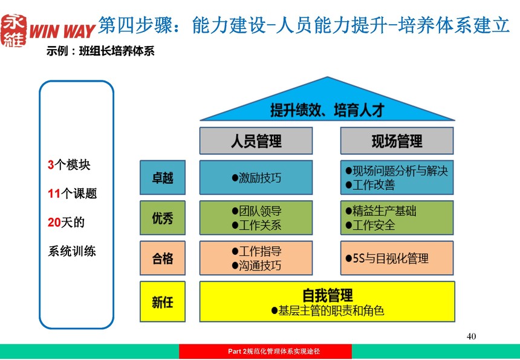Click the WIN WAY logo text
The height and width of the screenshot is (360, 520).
(62, 31)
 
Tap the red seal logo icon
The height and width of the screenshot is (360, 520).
(14, 30)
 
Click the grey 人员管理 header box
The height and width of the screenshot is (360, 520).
(256, 141)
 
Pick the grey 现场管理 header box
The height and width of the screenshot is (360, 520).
(397, 141)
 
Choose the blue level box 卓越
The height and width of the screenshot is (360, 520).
(163, 177)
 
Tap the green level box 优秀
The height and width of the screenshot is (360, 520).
(163, 218)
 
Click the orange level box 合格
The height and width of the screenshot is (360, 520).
(163, 258)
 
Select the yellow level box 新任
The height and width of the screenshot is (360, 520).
(163, 301)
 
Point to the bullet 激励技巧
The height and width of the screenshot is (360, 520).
(256, 178)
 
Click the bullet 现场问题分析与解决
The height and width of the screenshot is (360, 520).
(397, 171)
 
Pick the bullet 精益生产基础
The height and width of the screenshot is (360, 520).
(381, 211)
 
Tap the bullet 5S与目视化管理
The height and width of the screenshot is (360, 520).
(387, 258)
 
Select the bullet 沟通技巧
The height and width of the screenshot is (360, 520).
(256, 266)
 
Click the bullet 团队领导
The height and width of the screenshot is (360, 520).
(256, 211)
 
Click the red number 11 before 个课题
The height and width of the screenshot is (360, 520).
(54, 194)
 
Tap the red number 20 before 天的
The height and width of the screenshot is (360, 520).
(54, 222)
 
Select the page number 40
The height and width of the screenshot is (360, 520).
(471, 336)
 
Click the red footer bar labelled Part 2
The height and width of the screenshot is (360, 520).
(265, 352)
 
